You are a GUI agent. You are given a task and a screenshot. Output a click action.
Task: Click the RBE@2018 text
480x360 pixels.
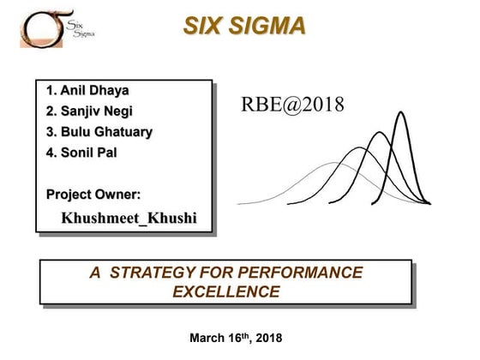click(x=293, y=105)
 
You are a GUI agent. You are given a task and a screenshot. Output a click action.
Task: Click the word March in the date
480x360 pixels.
click(x=209, y=339)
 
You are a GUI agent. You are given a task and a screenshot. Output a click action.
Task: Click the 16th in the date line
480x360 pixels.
click(x=239, y=338)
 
